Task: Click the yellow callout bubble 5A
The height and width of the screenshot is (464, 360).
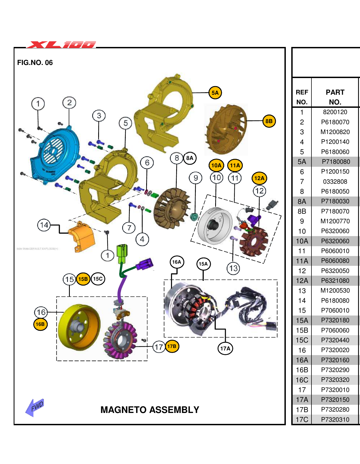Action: [215, 93]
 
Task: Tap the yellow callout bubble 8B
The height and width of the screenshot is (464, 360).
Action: [269, 121]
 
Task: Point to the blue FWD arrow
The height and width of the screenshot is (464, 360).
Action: [35, 408]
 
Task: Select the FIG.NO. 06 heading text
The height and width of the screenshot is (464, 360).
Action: [35, 63]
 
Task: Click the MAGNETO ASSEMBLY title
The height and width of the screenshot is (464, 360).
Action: [150, 410]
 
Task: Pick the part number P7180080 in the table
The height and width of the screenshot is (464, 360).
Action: [335, 162]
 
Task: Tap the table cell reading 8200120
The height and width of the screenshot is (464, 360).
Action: [335, 112]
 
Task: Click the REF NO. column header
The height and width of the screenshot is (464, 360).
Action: [302, 97]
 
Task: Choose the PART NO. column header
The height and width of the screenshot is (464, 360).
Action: [335, 97]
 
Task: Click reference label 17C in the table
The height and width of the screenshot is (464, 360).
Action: [302, 420]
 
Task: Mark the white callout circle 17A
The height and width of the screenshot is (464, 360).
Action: [225, 349]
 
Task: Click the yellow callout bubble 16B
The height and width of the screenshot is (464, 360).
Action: [40, 324]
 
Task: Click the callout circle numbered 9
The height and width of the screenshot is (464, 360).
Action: [196, 178]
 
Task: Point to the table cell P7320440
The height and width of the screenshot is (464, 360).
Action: [335, 340]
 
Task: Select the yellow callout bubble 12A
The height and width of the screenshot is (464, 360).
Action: [259, 179]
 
